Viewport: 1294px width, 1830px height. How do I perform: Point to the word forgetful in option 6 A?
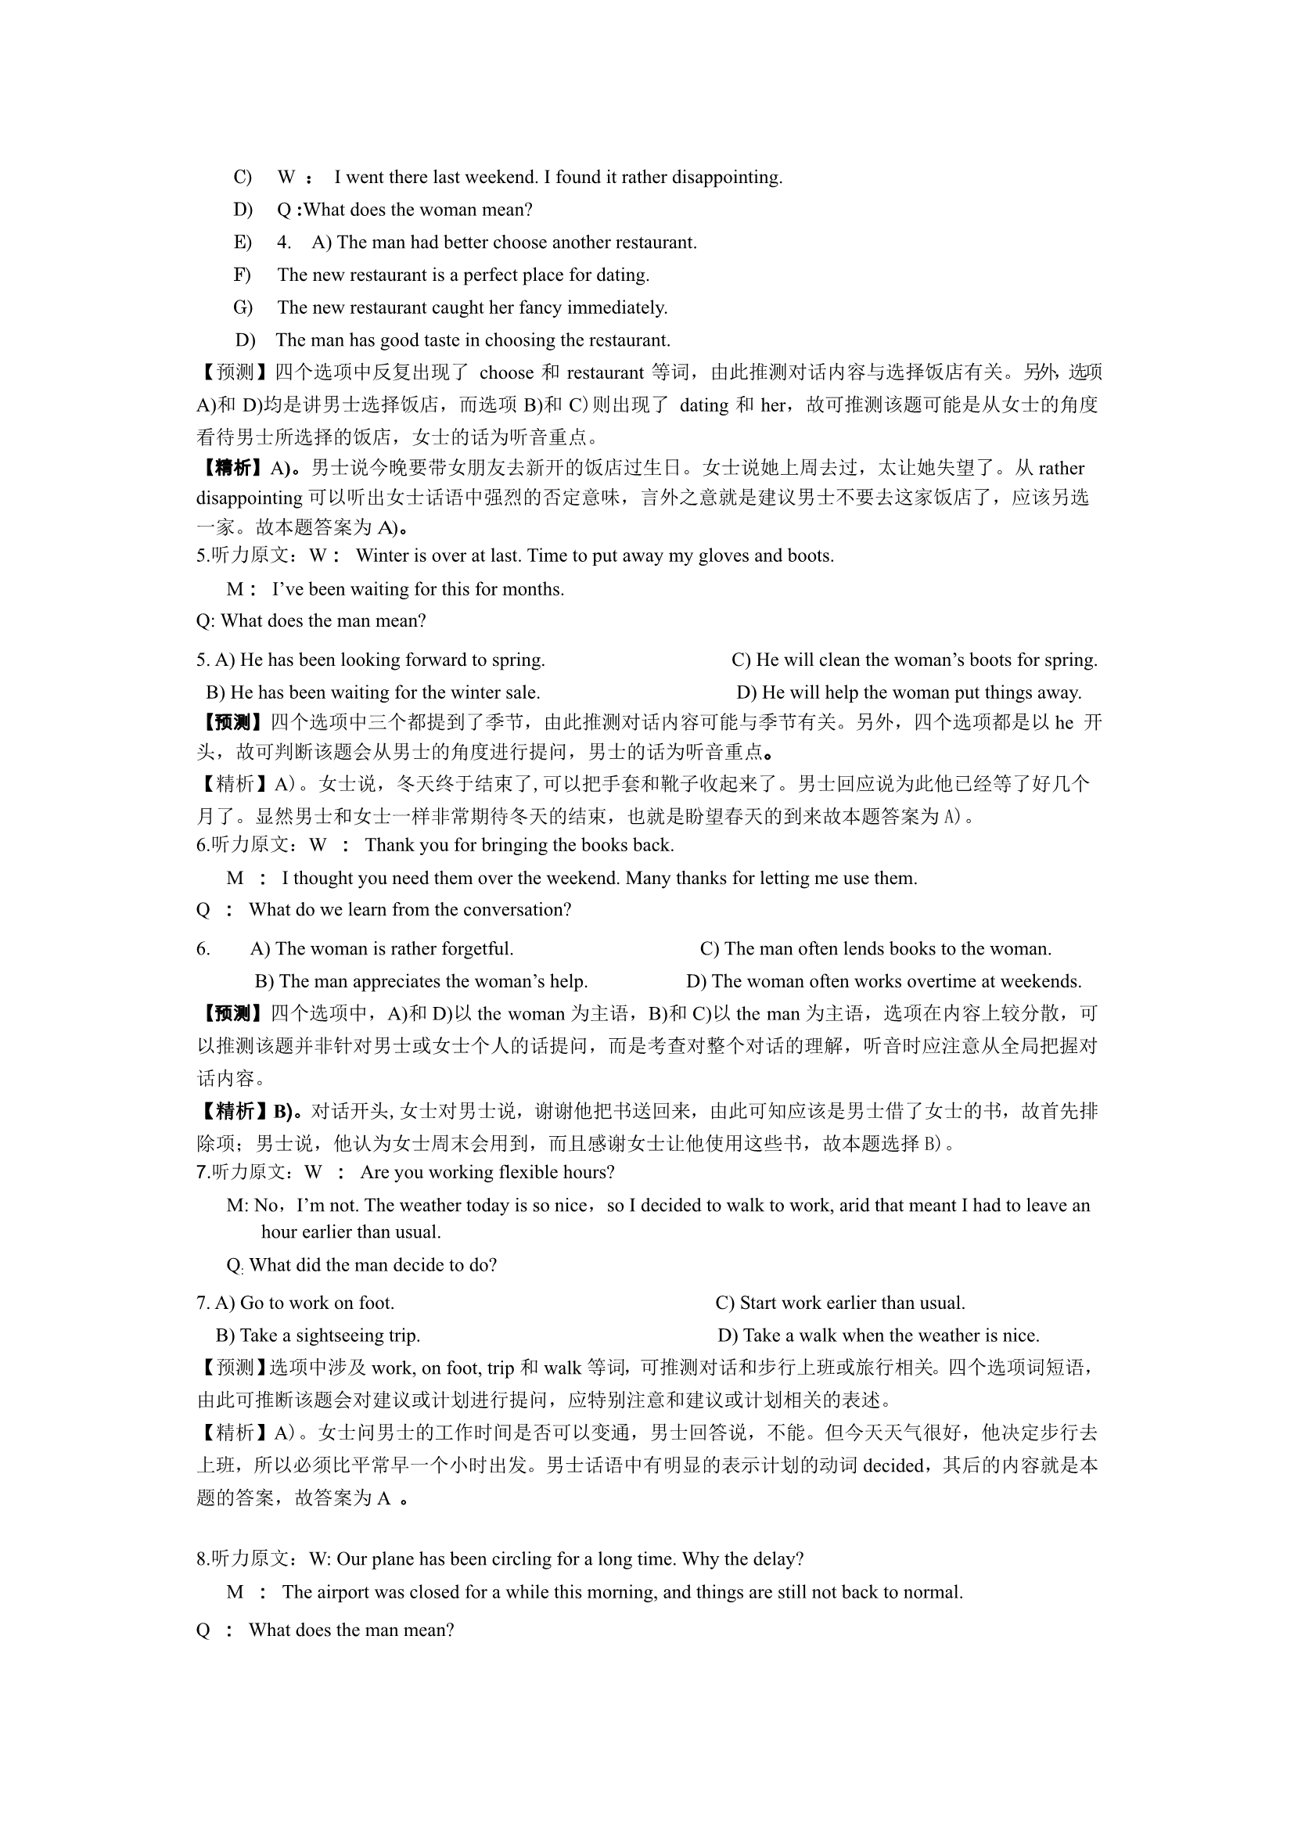(473, 949)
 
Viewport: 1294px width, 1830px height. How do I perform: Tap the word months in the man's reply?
(537, 590)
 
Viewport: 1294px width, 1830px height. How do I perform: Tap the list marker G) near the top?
(243, 308)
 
